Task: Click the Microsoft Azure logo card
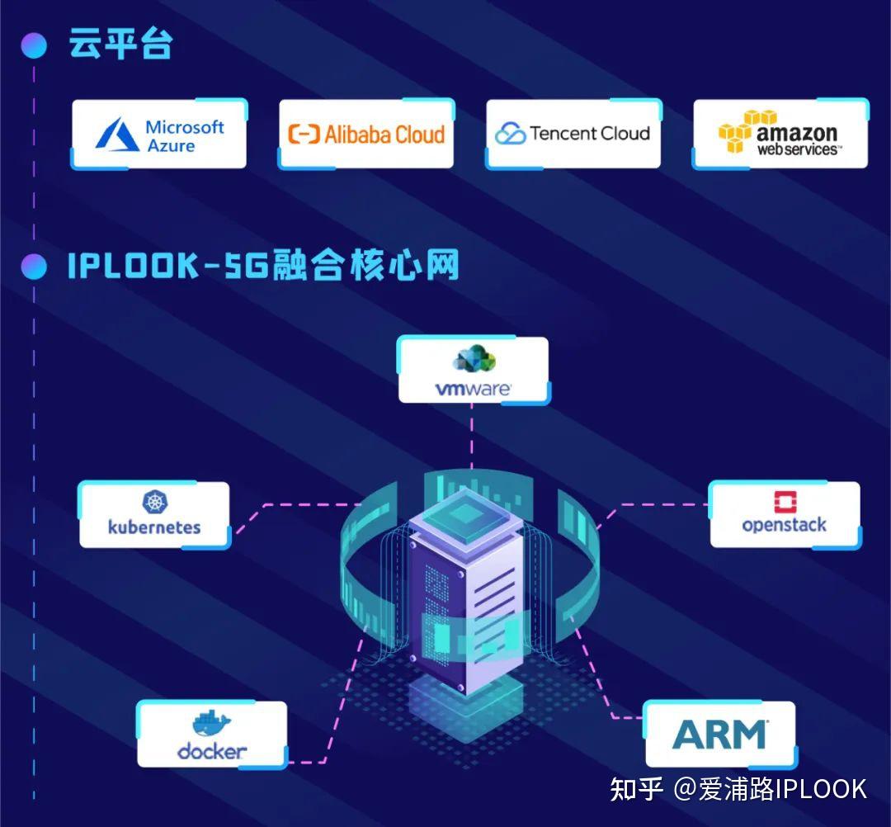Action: (159, 135)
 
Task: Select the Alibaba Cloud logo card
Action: (365, 134)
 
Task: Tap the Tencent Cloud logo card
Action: (573, 134)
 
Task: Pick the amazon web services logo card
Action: (780, 134)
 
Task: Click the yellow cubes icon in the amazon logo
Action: (736, 132)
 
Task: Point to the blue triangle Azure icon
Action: (117, 135)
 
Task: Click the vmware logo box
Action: (473, 370)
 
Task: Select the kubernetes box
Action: (154, 515)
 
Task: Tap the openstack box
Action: (785, 515)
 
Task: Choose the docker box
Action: (212, 735)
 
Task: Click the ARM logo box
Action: (719, 735)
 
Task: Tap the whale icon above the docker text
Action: (212, 723)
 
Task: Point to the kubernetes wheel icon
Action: (154, 501)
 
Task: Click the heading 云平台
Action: (121, 45)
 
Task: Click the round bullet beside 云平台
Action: (34, 45)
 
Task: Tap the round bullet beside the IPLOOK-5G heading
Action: (34, 266)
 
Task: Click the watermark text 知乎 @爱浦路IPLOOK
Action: (738, 789)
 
